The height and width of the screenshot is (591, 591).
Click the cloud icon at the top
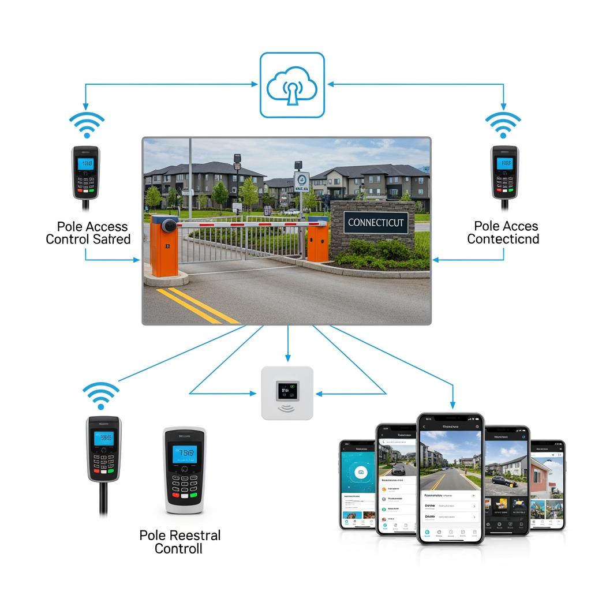pyautogui.click(x=291, y=85)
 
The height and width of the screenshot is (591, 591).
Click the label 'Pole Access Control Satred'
pyautogui.click(x=88, y=233)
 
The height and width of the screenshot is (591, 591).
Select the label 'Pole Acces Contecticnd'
pyautogui.click(x=503, y=233)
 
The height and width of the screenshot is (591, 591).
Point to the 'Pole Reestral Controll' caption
pyautogui.click(x=180, y=541)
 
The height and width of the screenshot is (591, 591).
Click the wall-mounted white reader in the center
pyautogui.click(x=287, y=393)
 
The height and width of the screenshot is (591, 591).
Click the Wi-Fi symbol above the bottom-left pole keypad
pyautogui.click(x=100, y=396)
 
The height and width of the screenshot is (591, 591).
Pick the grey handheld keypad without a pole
pyautogui.click(x=184, y=470)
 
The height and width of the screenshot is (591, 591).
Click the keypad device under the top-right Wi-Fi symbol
pyautogui.click(x=504, y=172)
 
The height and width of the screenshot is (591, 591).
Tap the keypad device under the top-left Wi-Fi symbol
pyautogui.click(x=85, y=172)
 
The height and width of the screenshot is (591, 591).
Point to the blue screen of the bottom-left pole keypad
pyautogui.click(x=104, y=437)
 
